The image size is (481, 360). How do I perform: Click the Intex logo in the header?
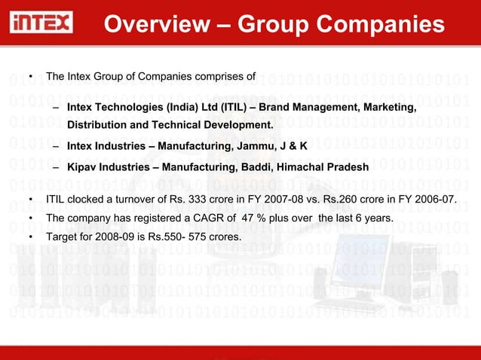pos(41,24)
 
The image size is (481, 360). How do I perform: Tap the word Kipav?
pos(82,166)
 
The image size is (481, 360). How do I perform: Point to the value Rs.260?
pos(333,200)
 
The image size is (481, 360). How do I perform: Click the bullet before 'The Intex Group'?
pos(30,77)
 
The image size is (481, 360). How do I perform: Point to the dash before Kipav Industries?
pos(57,166)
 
